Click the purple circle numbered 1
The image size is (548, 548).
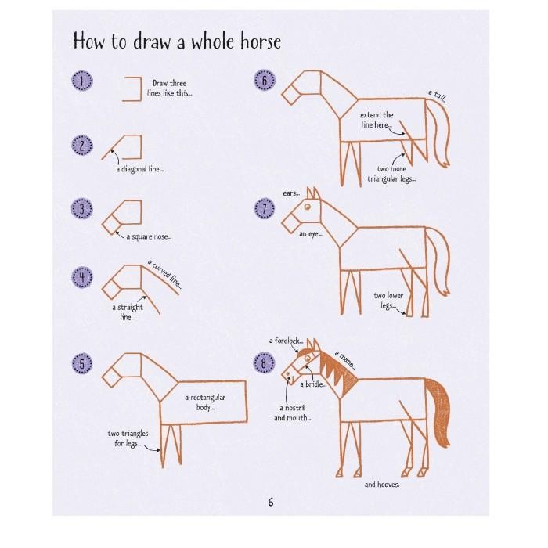pos(82,81)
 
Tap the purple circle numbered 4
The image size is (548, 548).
pos(82,277)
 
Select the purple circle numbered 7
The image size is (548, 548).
pos(265,209)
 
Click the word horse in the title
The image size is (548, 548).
pos(261,42)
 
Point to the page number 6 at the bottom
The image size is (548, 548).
pos(271,503)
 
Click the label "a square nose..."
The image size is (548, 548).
pos(149,237)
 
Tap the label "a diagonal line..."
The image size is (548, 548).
pos(140,169)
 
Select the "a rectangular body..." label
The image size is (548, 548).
pos(205,402)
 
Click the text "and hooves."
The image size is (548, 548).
pos(382,485)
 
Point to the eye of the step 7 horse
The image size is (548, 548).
pos(308,207)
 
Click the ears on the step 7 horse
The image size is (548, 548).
pos(313,193)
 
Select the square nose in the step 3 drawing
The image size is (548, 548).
pos(111,225)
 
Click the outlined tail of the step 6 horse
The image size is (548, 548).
pos(439,133)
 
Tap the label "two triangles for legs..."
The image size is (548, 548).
pos(128,438)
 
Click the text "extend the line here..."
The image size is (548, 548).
pos(377,120)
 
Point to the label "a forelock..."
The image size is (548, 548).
pos(286,341)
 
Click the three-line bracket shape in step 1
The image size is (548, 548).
pos(132,89)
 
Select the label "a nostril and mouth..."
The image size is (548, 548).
pos(293,413)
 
